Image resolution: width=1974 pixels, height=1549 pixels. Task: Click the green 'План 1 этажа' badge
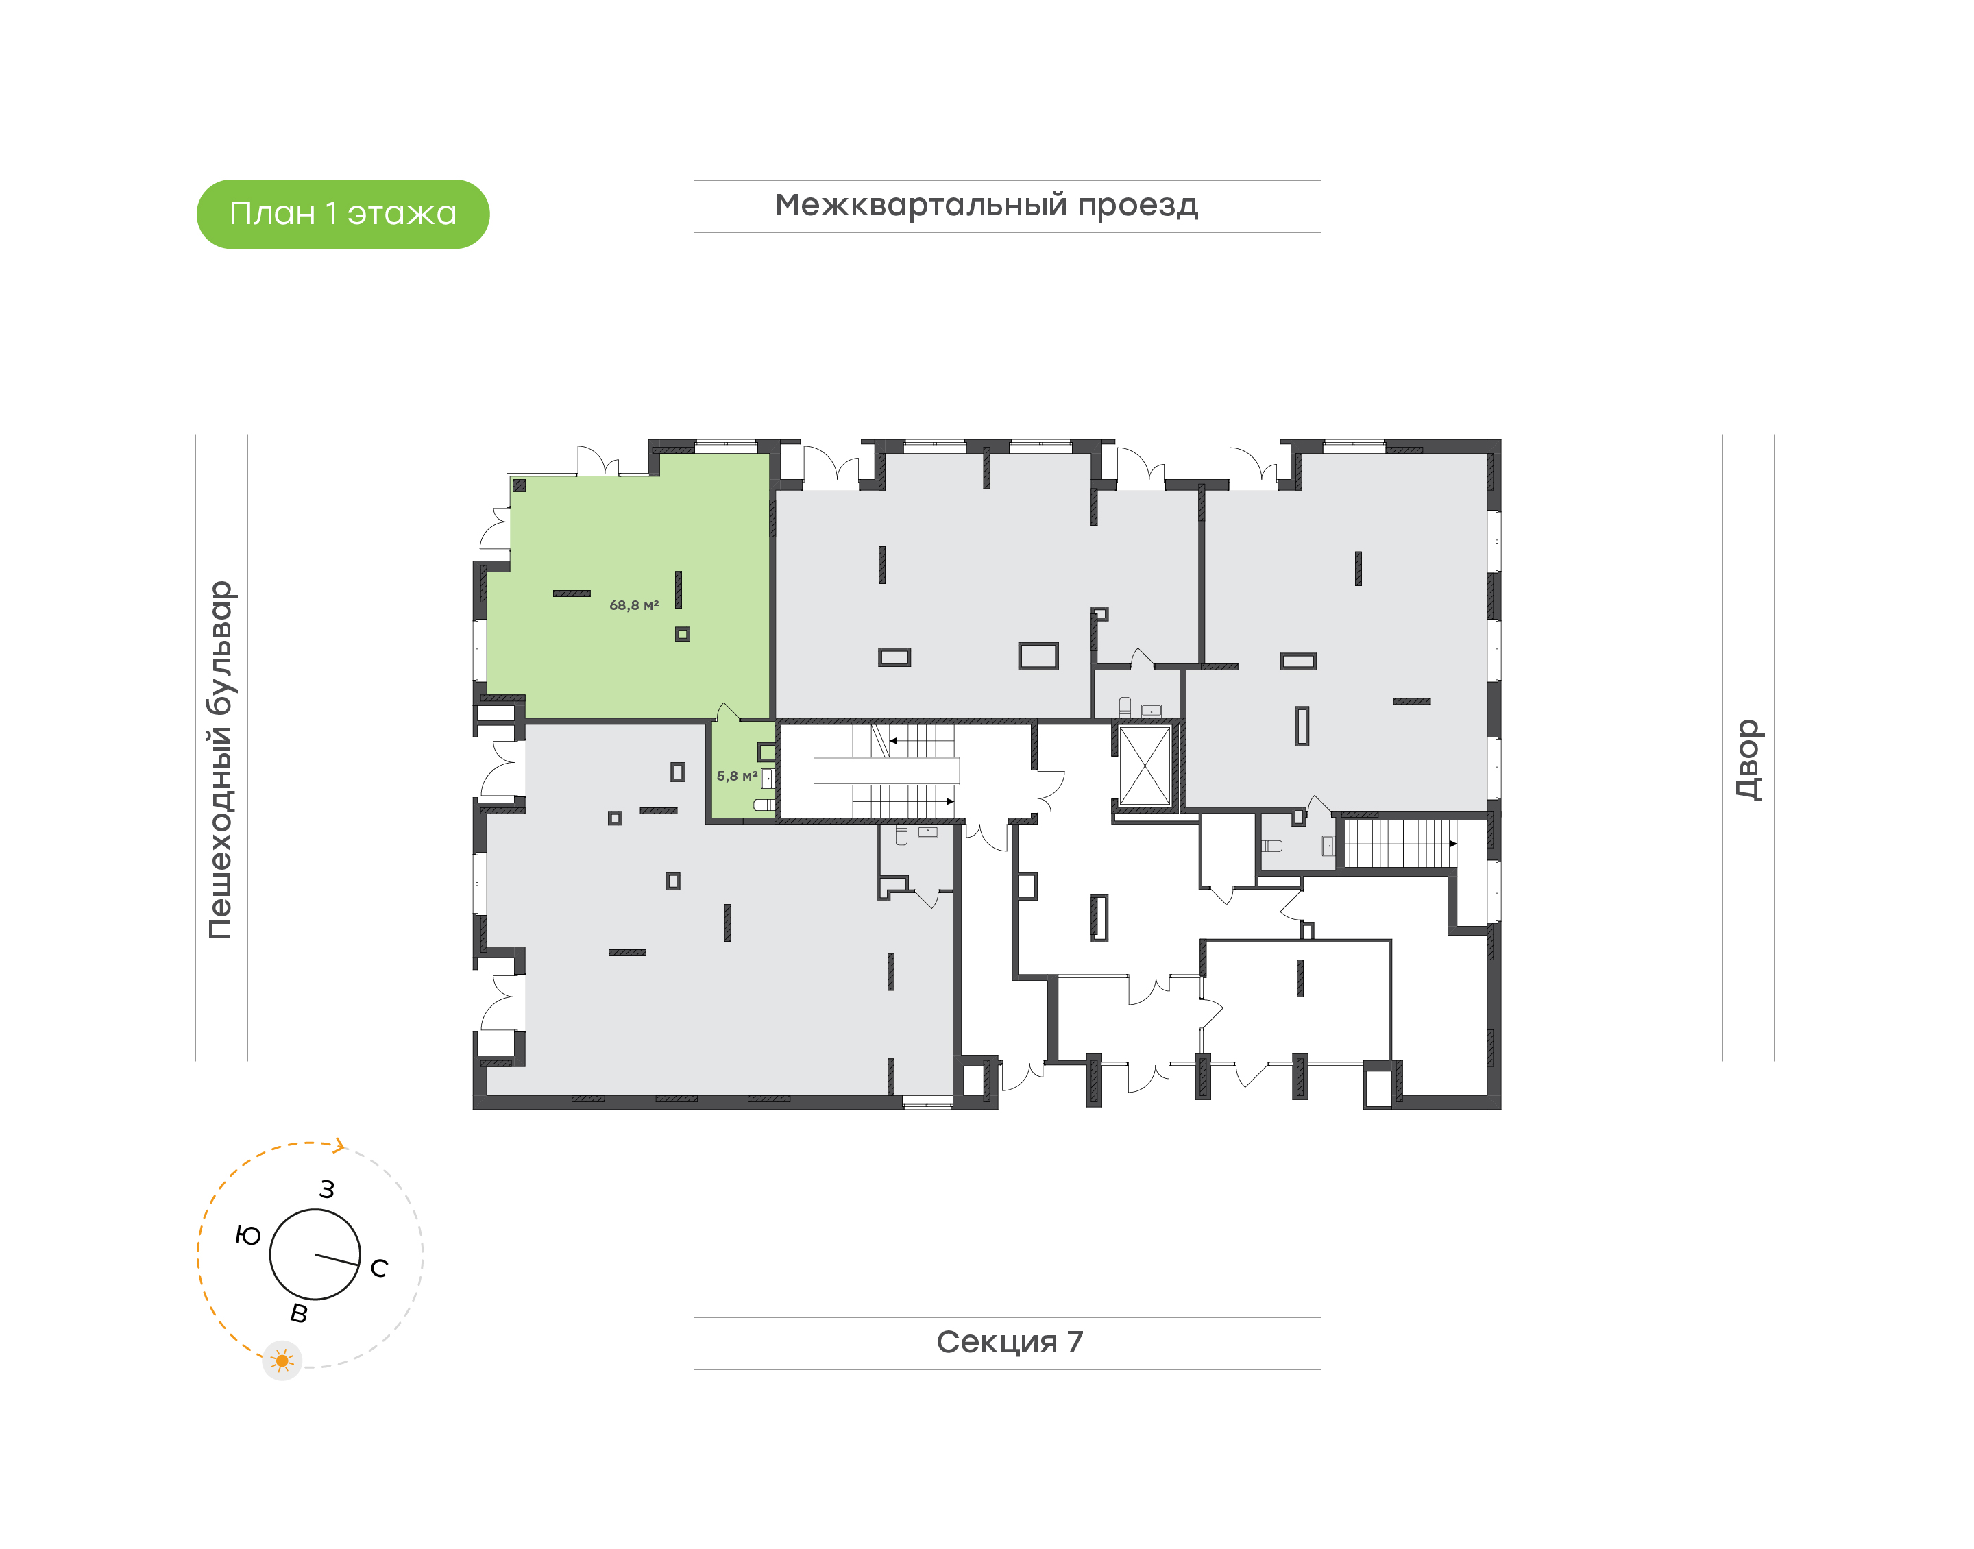tap(343, 214)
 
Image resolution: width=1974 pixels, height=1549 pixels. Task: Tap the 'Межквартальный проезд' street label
tap(986, 205)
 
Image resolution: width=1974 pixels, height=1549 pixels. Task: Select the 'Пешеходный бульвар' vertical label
tap(220, 760)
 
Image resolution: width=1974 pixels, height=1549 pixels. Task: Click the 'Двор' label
tap(1747, 760)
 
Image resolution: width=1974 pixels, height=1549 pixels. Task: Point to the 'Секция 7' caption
tap(1009, 1341)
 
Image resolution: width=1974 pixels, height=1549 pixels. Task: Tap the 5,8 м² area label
tap(736, 777)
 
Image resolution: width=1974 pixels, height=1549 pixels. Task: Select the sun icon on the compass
tap(282, 1361)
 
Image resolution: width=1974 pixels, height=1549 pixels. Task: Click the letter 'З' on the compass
tap(328, 1189)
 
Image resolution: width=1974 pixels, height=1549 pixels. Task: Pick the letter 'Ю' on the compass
tap(247, 1235)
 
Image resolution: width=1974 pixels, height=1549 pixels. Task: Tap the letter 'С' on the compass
tap(379, 1268)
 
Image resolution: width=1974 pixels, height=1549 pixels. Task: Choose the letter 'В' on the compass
tap(298, 1313)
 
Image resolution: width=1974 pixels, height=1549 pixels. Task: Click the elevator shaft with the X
tap(1145, 766)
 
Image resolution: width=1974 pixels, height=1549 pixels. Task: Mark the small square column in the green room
tap(682, 634)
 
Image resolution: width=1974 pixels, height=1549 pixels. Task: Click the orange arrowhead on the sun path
tap(339, 1147)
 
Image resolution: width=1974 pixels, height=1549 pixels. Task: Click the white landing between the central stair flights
tap(886, 771)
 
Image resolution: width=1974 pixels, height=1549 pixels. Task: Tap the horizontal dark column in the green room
tap(571, 593)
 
